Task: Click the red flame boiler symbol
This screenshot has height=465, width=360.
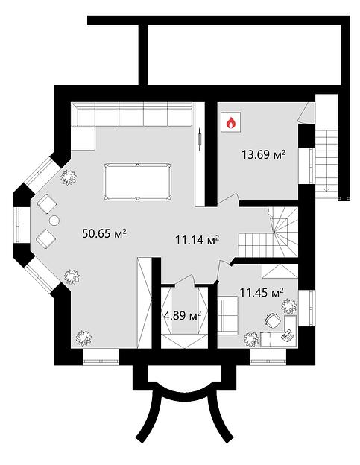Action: point(231,122)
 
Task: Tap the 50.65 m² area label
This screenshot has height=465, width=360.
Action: point(104,233)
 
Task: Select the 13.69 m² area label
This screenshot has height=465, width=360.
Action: point(264,154)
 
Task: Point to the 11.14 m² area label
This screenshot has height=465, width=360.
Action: point(198,240)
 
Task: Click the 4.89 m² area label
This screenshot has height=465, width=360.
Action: point(183,315)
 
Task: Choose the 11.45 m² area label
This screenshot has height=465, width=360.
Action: point(262,292)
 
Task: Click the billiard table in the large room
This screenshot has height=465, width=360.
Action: point(138,182)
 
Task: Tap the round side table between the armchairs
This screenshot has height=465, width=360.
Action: point(54,221)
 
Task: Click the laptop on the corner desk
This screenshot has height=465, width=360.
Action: point(287,335)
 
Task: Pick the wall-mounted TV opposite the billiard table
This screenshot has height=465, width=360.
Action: point(200,139)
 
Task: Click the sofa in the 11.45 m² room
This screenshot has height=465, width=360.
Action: point(228,316)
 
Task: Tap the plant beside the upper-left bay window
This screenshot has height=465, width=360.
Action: point(69,177)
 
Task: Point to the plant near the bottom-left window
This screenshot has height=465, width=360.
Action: point(83,338)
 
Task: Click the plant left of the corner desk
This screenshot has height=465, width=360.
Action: point(251,339)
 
